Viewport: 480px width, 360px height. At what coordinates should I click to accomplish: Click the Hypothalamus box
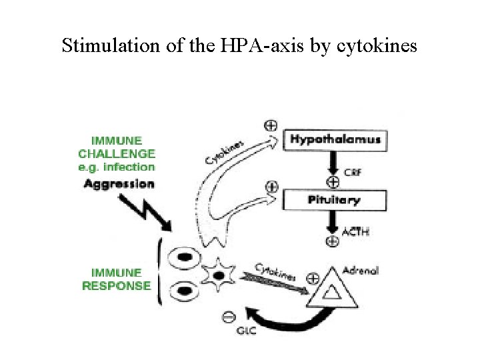(335, 139)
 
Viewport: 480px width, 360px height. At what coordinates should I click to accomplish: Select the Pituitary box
(335, 199)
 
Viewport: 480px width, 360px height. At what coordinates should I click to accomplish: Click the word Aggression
(119, 183)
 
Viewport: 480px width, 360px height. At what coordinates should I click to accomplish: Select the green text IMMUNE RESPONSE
(117, 279)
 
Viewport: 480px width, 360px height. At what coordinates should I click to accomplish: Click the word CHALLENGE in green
(117, 153)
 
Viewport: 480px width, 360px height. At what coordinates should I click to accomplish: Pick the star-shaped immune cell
(220, 274)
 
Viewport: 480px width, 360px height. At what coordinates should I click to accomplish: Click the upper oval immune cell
(184, 257)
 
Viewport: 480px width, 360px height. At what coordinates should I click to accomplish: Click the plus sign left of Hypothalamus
(271, 125)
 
